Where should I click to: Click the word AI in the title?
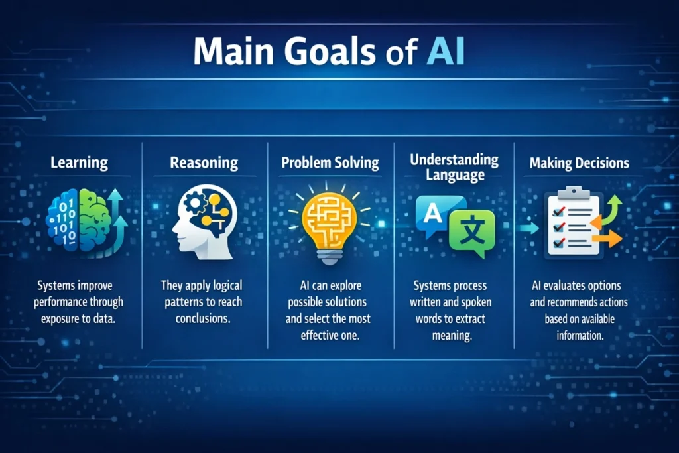tap(446, 51)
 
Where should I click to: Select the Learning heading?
tap(80, 163)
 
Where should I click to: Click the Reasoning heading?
tap(204, 163)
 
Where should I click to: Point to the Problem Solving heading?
tap(330, 163)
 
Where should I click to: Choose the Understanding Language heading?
tap(454, 167)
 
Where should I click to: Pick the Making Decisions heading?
tap(580, 163)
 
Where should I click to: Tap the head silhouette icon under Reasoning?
tap(204, 222)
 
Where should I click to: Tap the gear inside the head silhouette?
tap(194, 203)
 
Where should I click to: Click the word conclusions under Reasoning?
tap(203, 318)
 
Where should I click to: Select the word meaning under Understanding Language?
tap(452, 336)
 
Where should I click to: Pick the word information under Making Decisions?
tap(580, 335)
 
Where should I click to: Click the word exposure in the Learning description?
tap(60, 320)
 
